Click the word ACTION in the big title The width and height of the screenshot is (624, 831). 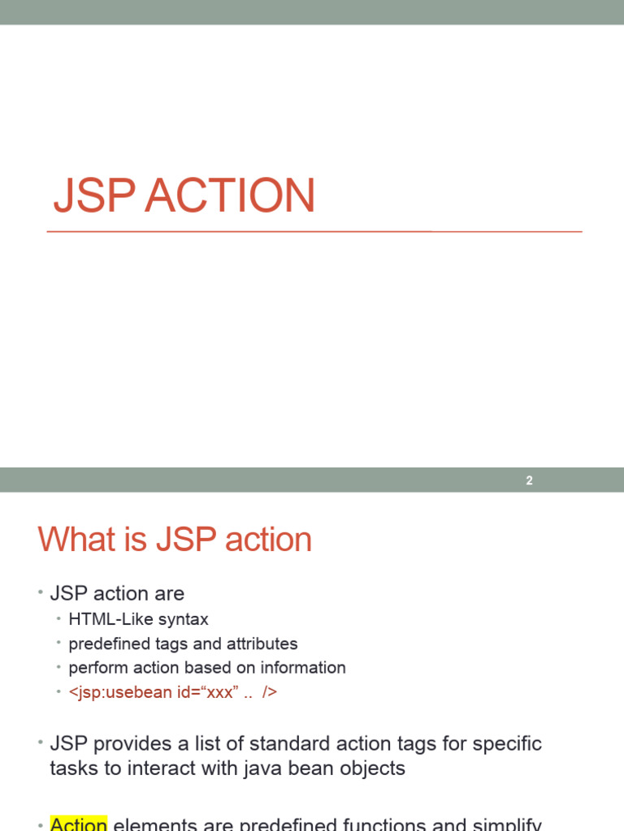coord(230,196)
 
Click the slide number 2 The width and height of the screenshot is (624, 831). coord(529,480)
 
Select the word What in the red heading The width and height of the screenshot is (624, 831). coord(76,540)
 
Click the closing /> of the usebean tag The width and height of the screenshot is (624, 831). coord(270,692)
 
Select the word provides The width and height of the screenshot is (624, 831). coord(127,743)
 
